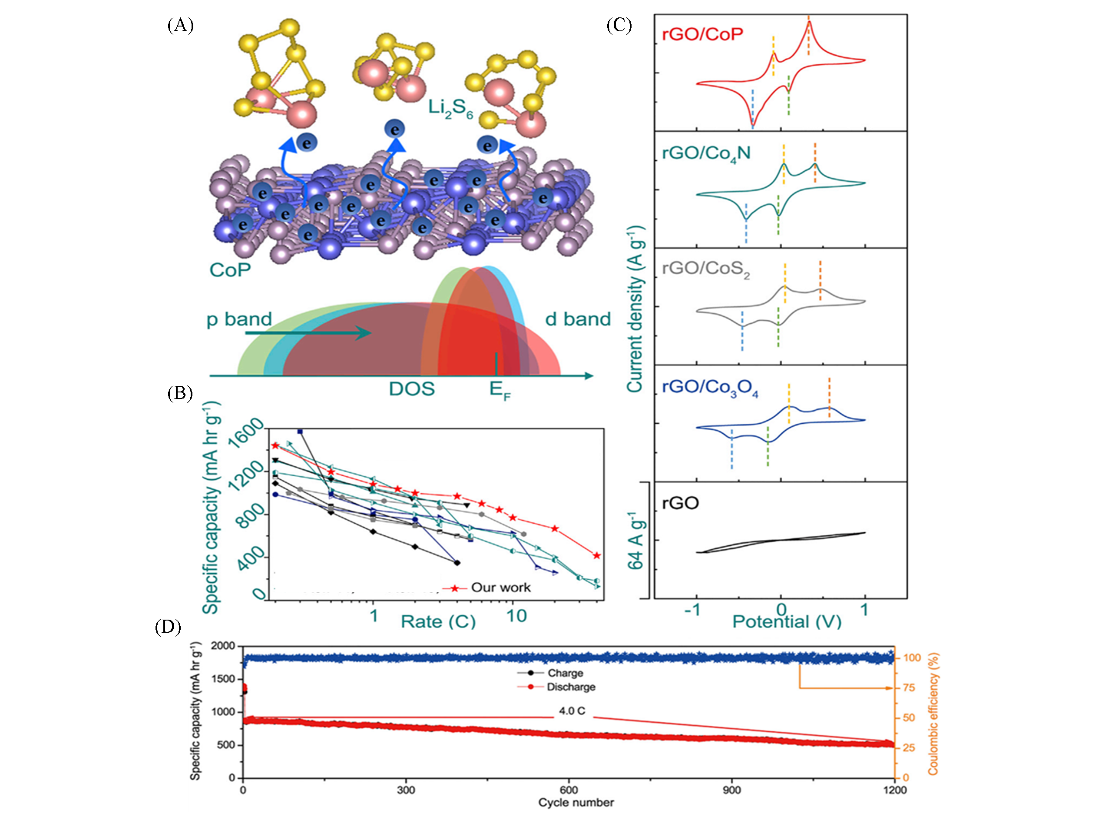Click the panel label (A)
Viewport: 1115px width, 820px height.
[x=180, y=25]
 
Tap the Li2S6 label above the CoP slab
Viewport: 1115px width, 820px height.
[x=450, y=109]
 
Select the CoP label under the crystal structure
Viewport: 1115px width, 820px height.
[x=230, y=270]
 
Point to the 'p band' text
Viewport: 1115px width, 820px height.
[x=239, y=319]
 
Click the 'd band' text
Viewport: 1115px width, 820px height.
[x=578, y=319]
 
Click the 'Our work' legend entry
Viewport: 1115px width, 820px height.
[x=500, y=588]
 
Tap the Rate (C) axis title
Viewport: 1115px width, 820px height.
[x=438, y=621]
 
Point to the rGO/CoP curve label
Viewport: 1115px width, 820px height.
[x=702, y=34]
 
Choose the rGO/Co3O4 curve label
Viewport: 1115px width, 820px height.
[x=710, y=388]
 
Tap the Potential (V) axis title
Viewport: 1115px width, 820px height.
[x=787, y=621]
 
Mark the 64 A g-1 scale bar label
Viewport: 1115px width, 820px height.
[x=635, y=541]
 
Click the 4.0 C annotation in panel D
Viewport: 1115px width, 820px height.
[x=572, y=711]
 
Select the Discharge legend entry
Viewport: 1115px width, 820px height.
[x=571, y=687]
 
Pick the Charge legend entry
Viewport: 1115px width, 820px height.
[x=565, y=673]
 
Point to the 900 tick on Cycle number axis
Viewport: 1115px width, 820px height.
[x=732, y=790]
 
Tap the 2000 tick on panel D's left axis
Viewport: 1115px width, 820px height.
[x=223, y=646]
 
